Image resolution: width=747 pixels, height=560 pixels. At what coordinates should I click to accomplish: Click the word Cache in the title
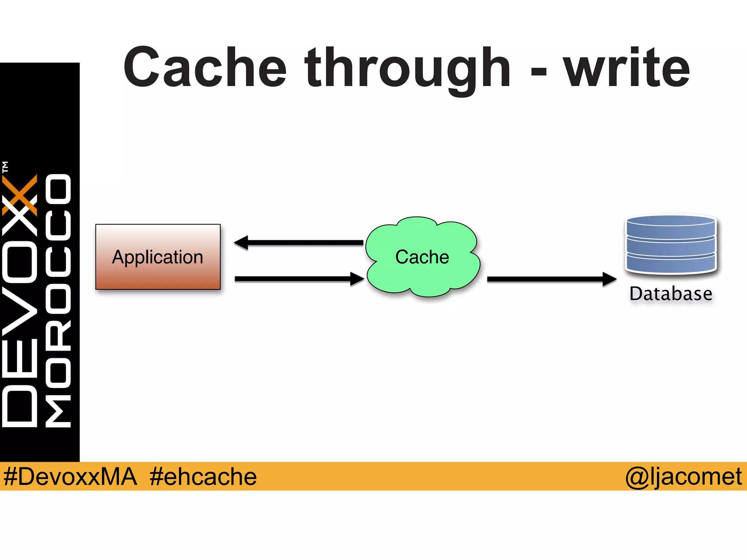[205, 68]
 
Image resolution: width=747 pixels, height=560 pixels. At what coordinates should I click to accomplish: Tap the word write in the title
[627, 68]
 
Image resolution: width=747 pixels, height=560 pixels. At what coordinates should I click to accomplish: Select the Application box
[158, 257]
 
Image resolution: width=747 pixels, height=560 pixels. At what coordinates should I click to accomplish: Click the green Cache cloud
[422, 257]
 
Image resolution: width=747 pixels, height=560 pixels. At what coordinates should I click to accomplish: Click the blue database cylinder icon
[671, 244]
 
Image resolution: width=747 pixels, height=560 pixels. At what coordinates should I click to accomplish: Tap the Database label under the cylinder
[671, 294]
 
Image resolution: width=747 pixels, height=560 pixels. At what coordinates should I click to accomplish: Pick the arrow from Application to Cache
[299, 279]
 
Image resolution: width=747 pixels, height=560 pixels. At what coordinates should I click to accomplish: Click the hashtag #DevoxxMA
[70, 477]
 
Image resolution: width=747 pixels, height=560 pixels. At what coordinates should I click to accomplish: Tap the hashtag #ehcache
[203, 477]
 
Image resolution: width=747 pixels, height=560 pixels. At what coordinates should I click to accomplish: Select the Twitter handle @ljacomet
[683, 477]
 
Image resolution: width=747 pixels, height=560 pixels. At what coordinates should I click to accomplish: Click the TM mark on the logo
[5, 167]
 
